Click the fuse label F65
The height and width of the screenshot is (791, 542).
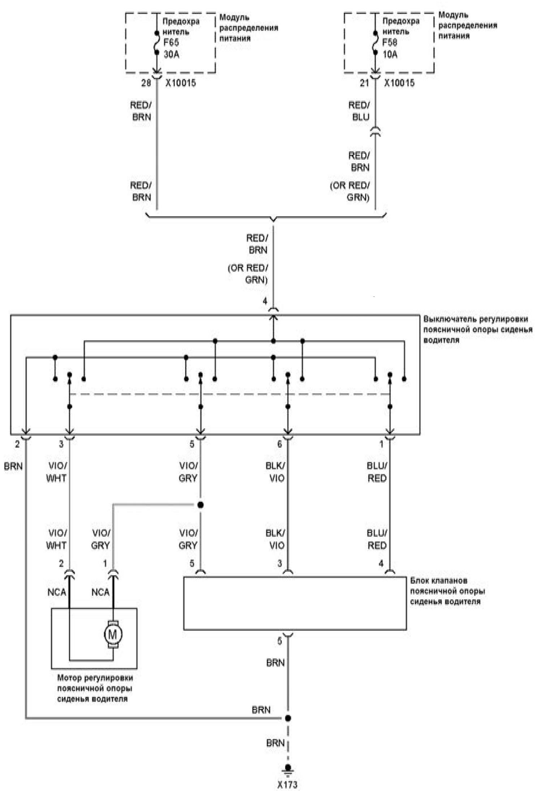[x=171, y=43]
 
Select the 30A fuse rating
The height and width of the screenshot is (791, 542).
[x=171, y=55]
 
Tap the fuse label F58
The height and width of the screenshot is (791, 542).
[x=390, y=42]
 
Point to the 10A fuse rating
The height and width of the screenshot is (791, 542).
[x=390, y=54]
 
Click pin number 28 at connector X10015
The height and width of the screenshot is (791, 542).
[x=146, y=83]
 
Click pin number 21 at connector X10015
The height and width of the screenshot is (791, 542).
[x=364, y=83]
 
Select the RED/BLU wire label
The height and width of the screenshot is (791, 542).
[x=359, y=111]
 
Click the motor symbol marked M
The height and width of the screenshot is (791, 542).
[x=113, y=634]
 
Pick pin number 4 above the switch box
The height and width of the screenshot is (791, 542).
[x=265, y=301]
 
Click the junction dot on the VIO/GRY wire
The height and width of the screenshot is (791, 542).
[x=201, y=505]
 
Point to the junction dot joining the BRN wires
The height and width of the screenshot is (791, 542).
[x=288, y=718]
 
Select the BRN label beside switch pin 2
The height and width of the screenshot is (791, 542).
[x=13, y=466]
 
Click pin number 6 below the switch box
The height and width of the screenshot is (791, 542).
[x=279, y=444]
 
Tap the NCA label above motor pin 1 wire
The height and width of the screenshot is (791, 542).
[x=100, y=592]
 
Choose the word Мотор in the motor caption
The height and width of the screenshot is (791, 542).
[x=69, y=677]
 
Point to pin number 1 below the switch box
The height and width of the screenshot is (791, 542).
[x=381, y=444]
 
